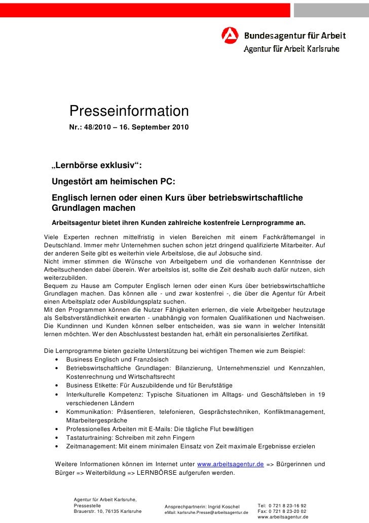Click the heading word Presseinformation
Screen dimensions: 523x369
click(129, 111)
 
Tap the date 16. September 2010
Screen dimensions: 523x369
click(154, 125)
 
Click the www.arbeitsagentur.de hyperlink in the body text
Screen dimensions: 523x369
click(230, 464)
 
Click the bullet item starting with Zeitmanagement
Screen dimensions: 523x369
click(190, 446)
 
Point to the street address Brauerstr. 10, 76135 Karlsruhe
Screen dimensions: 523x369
click(107, 511)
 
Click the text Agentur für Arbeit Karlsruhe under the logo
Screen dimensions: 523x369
click(292, 50)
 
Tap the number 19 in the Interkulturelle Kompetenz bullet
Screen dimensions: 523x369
click(320, 395)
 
